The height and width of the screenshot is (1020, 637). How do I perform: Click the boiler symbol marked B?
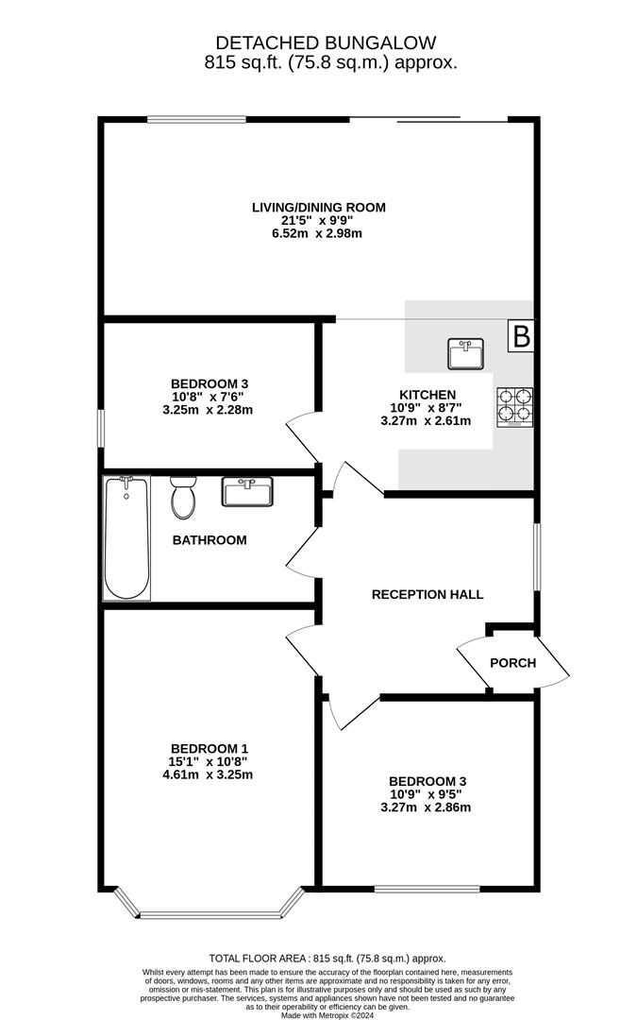[521, 336]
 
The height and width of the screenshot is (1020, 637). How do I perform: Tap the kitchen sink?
[464, 354]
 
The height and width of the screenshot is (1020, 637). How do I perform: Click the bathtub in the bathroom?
[126, 537]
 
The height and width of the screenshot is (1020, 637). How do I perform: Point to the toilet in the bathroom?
[182, 498]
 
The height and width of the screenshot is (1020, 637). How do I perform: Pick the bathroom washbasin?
[247, 491]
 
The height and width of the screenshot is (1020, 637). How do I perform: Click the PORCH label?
[512, 663]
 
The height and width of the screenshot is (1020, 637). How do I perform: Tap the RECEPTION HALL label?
[427, 594]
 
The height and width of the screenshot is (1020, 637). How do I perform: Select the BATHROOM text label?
[210, 540]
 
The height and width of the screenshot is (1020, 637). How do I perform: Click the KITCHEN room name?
[427, 395]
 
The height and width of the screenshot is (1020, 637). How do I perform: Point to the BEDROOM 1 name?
[210, 748]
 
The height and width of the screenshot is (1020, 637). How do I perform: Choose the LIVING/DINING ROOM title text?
[318, 208]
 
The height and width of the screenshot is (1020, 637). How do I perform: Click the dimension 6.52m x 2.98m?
[318, 232]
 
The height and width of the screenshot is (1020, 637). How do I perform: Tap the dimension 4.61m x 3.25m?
[210, 774]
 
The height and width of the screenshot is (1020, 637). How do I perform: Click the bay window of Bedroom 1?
[210, 913]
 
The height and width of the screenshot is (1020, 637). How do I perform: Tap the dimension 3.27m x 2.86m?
[426, 807]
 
